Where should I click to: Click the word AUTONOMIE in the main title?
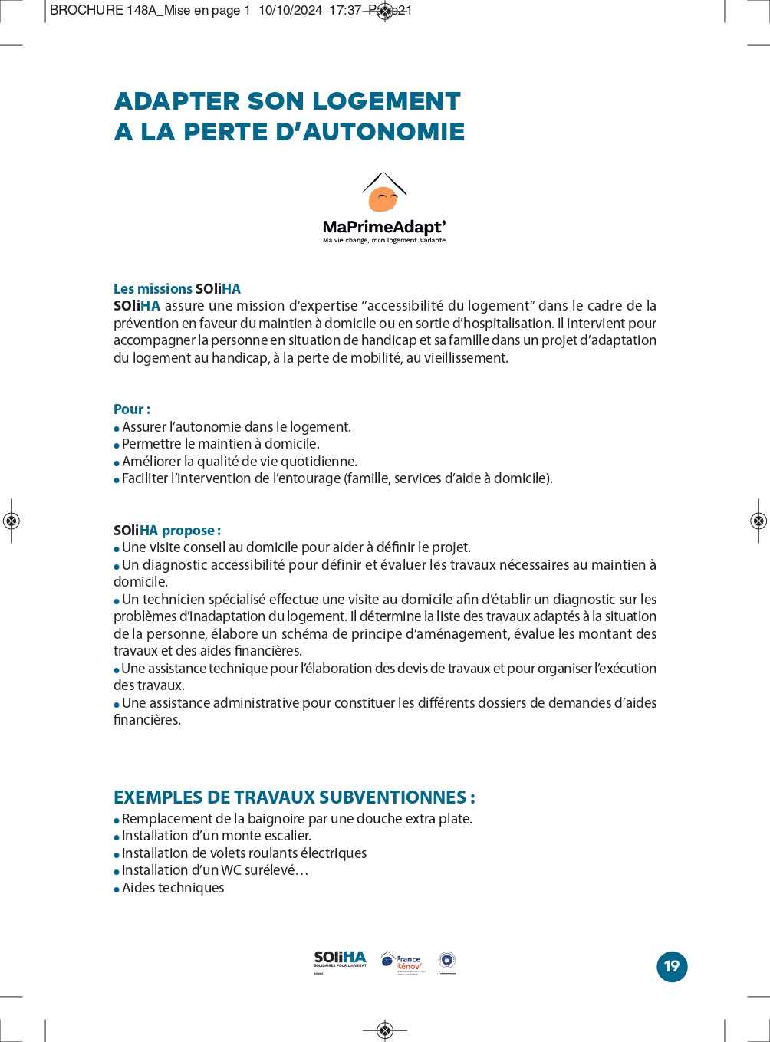coord(384,132)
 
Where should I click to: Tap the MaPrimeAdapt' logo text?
coord(383,227)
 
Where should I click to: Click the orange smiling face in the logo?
coord(383,199)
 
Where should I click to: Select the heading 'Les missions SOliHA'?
coord(177,289)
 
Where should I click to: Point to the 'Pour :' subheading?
coord(132,409)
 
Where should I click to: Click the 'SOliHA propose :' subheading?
coord(167,531)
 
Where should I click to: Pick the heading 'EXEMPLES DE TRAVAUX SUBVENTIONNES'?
coord(294,797)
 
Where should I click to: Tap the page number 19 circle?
coord(672,966)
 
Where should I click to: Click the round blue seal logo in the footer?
coord(447,961)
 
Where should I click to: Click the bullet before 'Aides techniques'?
coord(117,889)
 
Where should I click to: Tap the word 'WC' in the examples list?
coord(232,870)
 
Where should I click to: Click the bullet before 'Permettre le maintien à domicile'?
coord(117,445)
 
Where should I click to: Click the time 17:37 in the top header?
coord(345,11)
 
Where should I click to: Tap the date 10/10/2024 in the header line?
coord(290,11)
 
